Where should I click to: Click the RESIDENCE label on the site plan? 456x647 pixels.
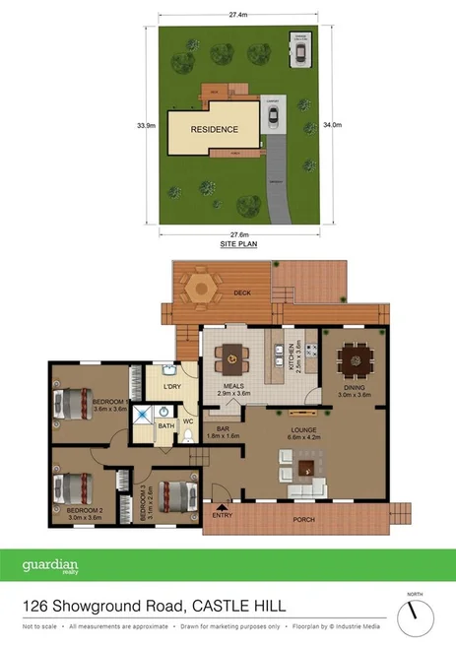(x=214, y=129)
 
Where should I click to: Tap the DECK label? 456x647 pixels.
(x=242, y=293)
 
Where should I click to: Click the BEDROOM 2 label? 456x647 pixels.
(x=85, y=510)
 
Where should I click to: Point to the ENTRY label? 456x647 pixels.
(x=222, y=514)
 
